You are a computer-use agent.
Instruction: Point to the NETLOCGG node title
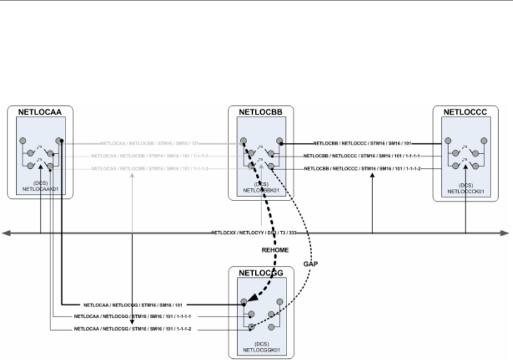click(261, 273)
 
